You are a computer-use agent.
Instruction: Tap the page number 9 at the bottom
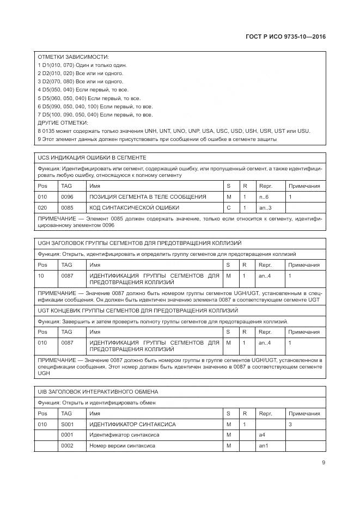coord(324,463)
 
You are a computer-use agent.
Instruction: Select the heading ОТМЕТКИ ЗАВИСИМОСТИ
coord(73,57)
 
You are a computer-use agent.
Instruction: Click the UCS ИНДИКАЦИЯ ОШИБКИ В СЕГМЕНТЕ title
coord(91,157)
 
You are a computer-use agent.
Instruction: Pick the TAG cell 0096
coord(67,196)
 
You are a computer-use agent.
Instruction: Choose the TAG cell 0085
coord(67,207)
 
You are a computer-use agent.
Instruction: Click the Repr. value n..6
coord(264,196)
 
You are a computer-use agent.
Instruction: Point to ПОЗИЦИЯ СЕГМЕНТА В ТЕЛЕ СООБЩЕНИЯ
coord(148,196)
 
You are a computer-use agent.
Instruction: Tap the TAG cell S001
coord(67,424)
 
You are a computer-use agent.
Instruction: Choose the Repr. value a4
coord(261,434)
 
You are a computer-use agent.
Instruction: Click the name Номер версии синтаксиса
coord(122,445)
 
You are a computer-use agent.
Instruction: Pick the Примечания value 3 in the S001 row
coord(291,424)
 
